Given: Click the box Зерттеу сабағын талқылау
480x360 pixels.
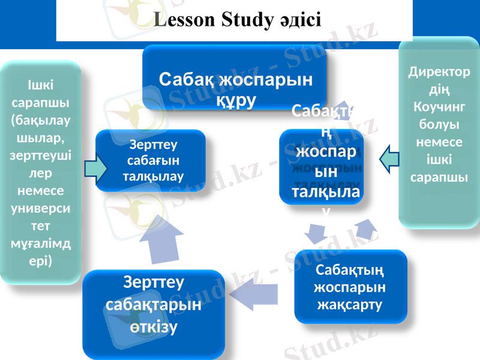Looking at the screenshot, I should [x=151, y=160].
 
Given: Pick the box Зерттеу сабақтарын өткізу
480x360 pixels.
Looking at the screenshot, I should [x=153, y=312].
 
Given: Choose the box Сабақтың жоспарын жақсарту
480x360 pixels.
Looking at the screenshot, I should [x=350, y=287].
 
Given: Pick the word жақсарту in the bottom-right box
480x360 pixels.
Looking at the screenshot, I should [x=350, y=304].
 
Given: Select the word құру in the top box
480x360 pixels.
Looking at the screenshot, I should [x=236, y=98].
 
